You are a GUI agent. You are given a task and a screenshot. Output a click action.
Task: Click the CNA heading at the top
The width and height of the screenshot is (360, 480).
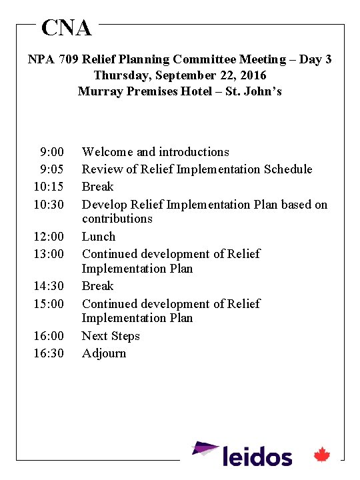pos(66,28)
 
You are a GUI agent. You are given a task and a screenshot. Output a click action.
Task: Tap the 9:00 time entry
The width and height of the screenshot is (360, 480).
pos(52,152)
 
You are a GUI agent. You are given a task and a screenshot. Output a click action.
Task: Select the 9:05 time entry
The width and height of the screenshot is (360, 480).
pos(52,169)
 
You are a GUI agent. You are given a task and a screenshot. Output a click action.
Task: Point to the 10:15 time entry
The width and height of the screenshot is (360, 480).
pos(49,187)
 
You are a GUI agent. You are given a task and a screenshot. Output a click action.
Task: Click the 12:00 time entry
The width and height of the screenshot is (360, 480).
pos(49,237)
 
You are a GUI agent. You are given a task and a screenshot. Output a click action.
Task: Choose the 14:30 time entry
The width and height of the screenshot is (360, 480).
pos(49,286)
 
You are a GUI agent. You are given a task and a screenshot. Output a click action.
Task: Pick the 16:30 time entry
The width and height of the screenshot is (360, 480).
pos(49,353)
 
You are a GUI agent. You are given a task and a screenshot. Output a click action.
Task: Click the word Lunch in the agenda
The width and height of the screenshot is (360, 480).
pos(99,237)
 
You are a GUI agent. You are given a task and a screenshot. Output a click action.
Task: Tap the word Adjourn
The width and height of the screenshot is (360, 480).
pos(104,353)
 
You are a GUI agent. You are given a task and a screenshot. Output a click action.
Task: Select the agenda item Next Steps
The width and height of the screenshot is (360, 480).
pos(111,336)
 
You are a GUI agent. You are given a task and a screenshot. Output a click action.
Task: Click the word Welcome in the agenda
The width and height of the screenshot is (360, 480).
pos(107,152)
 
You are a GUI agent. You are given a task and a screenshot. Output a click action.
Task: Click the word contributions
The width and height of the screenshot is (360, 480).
pos(117,219)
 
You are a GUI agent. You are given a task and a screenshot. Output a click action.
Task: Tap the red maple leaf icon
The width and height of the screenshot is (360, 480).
pos(323,455)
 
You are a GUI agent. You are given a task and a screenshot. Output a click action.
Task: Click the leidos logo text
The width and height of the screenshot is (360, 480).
pos(257,457)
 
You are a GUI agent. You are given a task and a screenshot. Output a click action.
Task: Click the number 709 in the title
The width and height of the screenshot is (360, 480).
pos(68,59)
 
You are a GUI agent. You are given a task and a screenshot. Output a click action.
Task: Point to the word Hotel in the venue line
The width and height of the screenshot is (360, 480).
pos(199,91)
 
